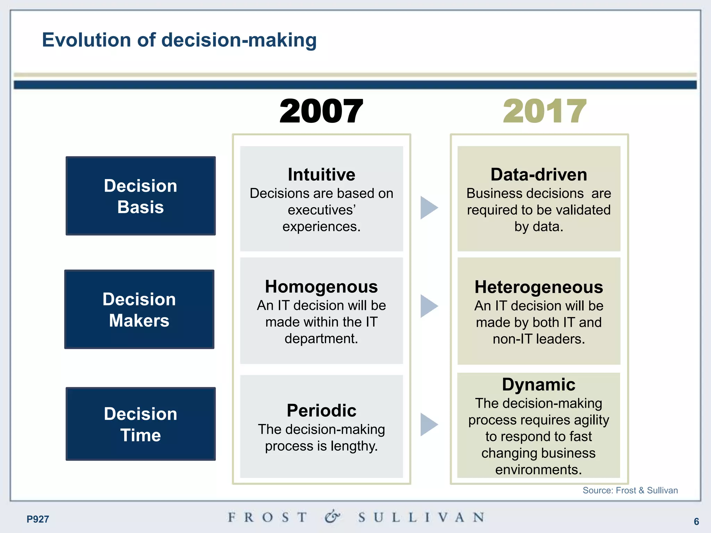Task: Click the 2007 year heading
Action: click(x=321, y=111)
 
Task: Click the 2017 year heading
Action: click(x=544, y=111)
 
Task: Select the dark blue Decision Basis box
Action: click(x=141, y=196)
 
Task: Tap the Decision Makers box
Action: click(x=139, y=309)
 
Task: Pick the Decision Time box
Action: click(x=141, y=424)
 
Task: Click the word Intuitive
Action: click(x=321, y=175)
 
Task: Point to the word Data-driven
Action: click(x=539, y=175)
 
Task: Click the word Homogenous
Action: click(x=321, y=287)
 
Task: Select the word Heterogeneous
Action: click(x=539, y=287)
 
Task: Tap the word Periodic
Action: click(x=321, y=411)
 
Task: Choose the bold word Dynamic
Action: click(x=539, y=384)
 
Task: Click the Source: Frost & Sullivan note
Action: click(x=630, y=490)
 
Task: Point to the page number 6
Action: click(x=696, y=521)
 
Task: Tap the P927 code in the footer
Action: click(x=38, y=519)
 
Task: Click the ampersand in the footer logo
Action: click(x=332, y=517)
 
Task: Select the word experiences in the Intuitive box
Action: click(x=321, y=227)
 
